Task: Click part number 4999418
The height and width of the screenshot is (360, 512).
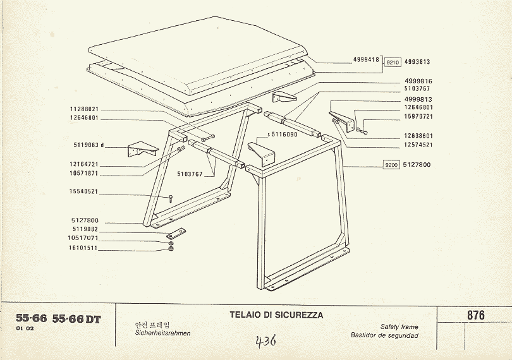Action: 366,60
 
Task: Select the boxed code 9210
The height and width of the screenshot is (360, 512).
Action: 393,62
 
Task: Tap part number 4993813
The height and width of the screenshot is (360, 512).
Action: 417,62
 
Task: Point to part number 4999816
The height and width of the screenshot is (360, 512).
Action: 418,81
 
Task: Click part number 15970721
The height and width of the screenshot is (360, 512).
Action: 418,116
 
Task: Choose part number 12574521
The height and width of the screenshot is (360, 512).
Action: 418,145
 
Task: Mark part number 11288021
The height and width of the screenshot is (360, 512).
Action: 84,109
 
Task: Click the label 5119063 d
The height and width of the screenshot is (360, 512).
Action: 88,145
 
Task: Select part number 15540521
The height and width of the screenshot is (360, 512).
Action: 83,191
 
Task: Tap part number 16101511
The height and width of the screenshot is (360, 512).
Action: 83,248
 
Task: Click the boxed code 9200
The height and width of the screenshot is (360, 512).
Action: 391,165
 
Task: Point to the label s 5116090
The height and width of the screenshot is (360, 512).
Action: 283,134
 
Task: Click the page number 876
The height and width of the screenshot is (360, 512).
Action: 476,315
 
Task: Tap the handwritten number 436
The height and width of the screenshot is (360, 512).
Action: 265,341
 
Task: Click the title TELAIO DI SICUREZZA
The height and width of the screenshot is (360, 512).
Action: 276,315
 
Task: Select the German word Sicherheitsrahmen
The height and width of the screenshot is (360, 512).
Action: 162,333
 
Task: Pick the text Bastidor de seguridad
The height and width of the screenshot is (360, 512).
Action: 384,335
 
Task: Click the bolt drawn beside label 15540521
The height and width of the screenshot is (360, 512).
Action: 171,198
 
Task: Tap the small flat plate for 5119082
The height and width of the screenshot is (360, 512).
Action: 176,233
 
